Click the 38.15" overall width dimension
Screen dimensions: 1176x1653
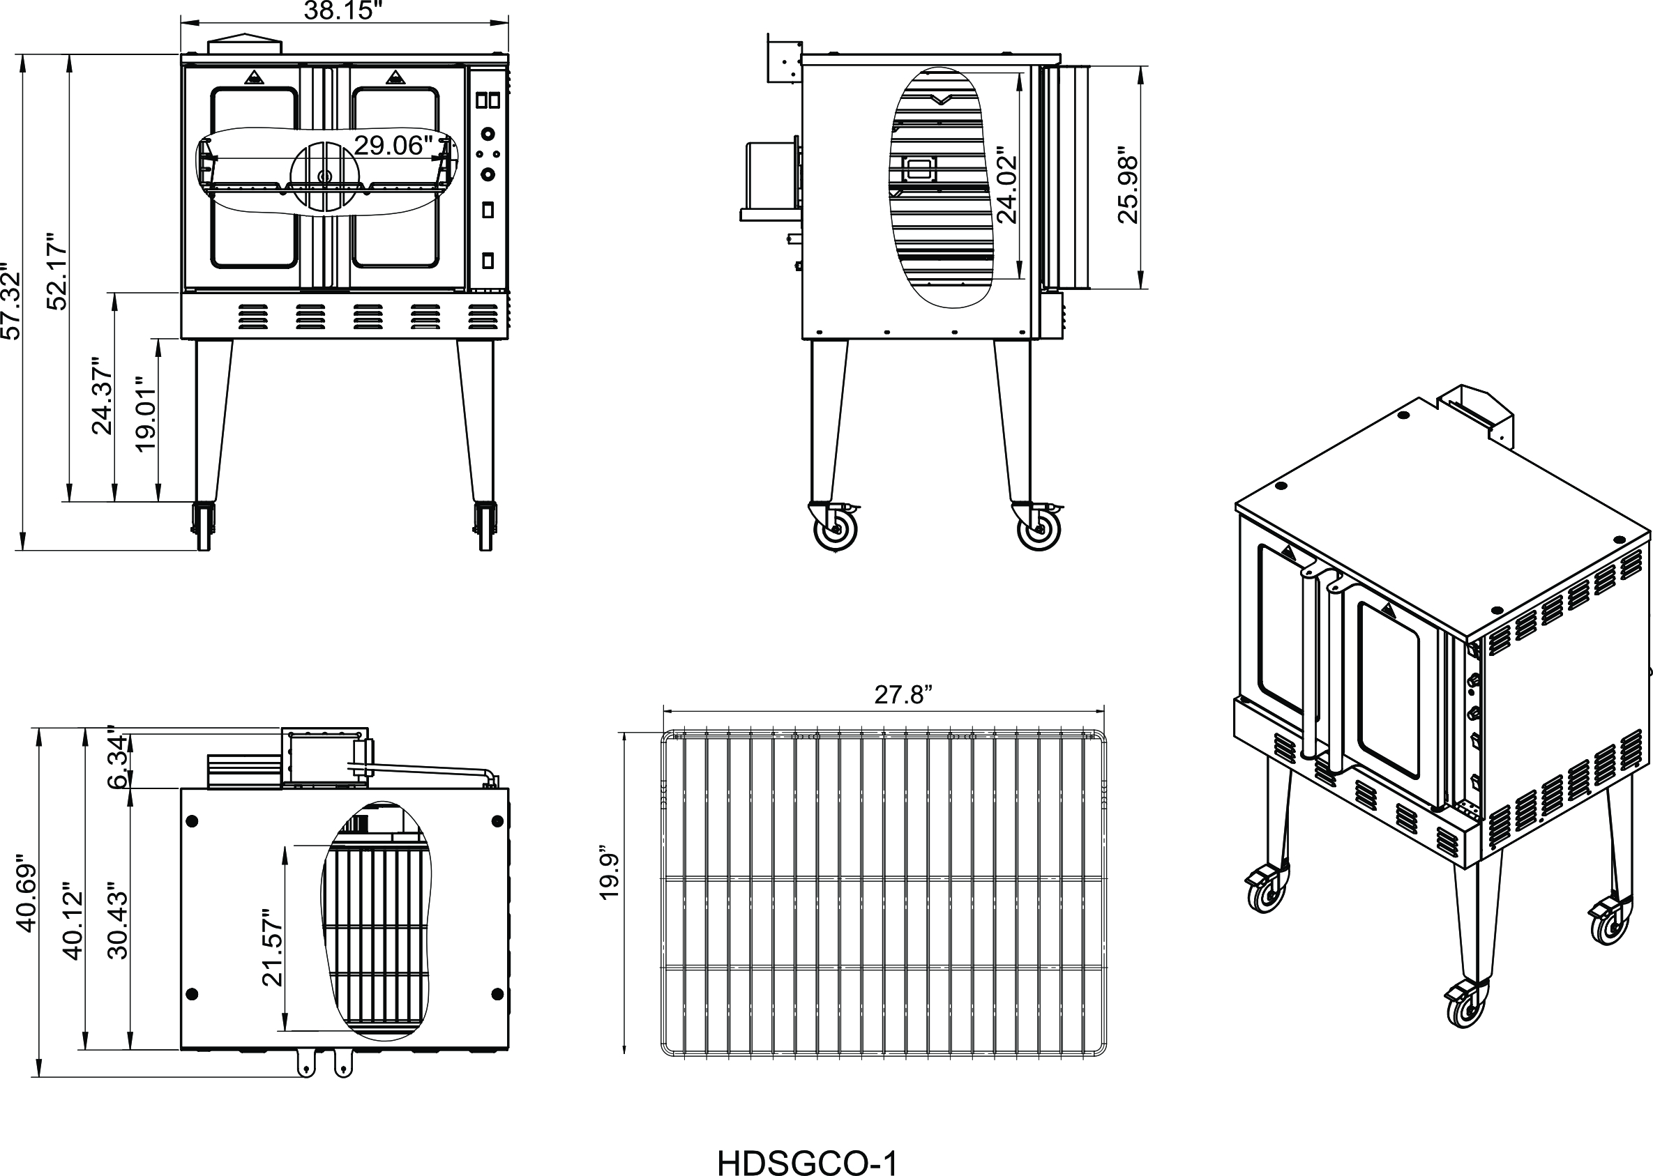(342, 11)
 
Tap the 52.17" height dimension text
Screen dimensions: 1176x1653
(56, 272)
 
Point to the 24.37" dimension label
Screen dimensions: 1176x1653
(101, 395)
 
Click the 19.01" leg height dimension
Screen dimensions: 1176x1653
(146, 414)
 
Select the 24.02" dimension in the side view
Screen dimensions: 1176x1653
(1006, 186)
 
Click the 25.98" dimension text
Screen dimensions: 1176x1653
(1128, 186)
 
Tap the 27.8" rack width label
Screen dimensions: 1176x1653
(903, 694)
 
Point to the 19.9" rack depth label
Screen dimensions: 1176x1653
(609, 876)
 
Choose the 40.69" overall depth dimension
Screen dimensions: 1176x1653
(26, 896)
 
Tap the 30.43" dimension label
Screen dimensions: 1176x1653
(117, 919)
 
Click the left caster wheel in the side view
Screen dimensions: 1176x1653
(837, 529)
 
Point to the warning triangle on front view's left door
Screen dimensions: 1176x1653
(252, 77)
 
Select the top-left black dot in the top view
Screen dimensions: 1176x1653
(193, 820)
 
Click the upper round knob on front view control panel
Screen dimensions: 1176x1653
(489, 135)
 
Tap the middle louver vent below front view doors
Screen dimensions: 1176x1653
(368, 316)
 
